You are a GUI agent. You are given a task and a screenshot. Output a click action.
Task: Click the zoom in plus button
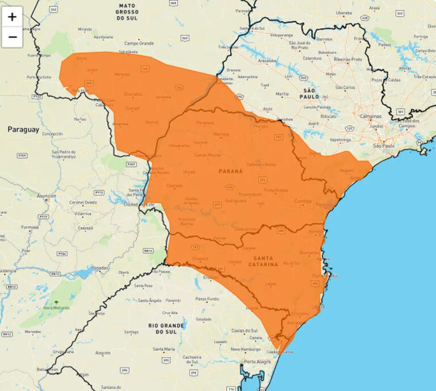pyautogui.click(x=12, y=17)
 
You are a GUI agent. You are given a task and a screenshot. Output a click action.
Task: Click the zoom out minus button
pyautogui.click(x=12, y=38)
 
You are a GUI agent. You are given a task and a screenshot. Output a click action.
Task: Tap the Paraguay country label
pyautogui.click(x=23, y=130)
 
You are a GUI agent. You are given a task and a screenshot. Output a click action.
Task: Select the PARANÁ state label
pyautogui.click(x=230, y=170)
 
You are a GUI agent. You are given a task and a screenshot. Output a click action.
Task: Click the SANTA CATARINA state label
pyautogui.click(x=263, y=261)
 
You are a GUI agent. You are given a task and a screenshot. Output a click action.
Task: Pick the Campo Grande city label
pyautogui.click(x=139, y=43)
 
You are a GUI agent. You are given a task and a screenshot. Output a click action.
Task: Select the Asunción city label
pyautogui.click(x=46, y=195)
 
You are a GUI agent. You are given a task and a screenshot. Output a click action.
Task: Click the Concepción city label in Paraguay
pyautogui.click(x=52, y=134)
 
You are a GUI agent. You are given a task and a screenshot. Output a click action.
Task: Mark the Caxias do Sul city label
pyautogui.click(x=245, y=330)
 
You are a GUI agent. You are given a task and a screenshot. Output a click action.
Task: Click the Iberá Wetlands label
pyautogui.click(x=56, y=308)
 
